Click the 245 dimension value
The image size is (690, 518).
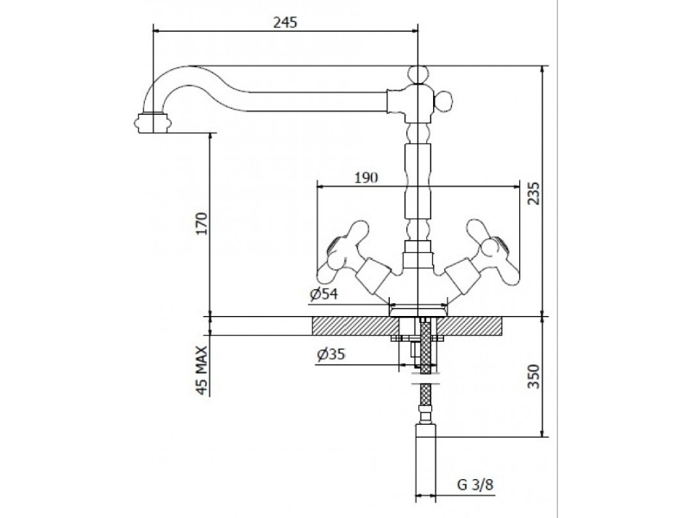[285, 22]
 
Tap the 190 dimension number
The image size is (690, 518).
[366, 178]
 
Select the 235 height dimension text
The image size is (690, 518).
[533, 193]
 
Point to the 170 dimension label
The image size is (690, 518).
[201, 224]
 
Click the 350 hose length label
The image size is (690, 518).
[533, 376]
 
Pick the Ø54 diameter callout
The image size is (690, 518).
[324, 294]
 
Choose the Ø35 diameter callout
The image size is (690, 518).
[331, 354]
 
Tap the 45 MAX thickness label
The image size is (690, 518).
[201, 370]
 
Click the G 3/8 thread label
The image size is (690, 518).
[476, 485]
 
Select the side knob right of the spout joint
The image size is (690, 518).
[442, 100]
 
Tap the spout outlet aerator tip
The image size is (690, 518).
[153, 122]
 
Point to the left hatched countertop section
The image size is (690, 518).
[355, 326]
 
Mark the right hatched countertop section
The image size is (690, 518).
[470, 326]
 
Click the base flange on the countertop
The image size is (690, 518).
[417, 311]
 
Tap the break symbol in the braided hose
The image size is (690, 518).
[425, 378]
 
